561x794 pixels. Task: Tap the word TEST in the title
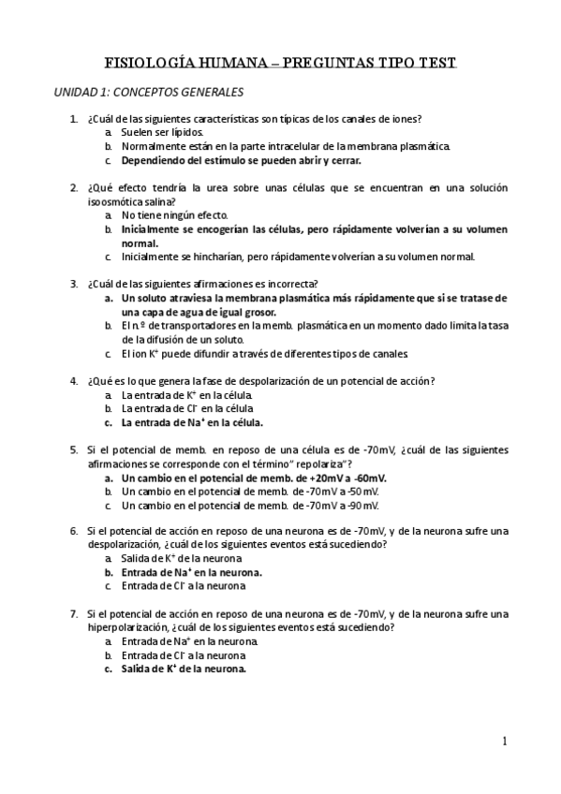click(432, 63)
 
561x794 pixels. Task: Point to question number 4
click(74, 381)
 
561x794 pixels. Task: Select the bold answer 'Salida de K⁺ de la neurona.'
click(184, 669)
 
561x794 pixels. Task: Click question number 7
click(74, 614)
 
